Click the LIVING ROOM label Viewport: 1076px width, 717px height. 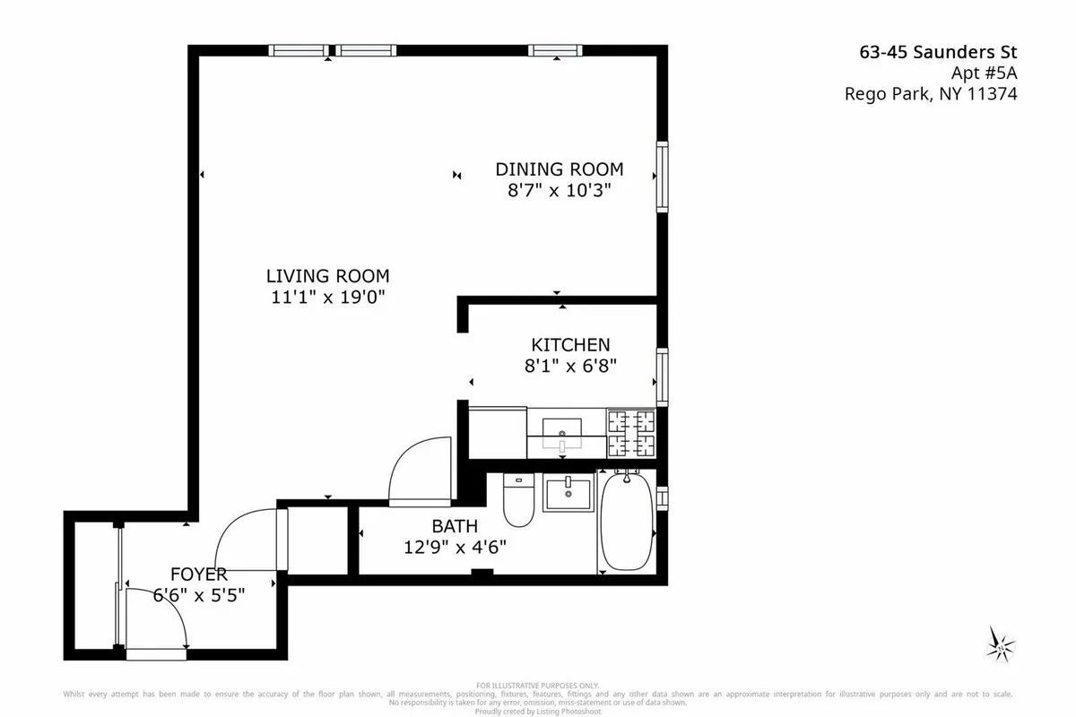coord(327,276)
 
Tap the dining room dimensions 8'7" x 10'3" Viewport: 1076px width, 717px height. coord(560,190)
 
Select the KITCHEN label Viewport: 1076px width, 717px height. coord(570,344)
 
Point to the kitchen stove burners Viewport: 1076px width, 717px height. coord(631,433)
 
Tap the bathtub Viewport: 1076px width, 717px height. coord(625,522)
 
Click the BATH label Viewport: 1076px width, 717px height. coord(455,526)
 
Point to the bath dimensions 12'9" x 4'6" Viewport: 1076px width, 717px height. coord(455,547)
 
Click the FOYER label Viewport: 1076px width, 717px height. coord(199,574)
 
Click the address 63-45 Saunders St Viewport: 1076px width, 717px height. coord(938,52)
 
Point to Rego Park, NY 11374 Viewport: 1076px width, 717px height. coord(931,93)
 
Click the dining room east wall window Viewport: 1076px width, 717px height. coord(662,176)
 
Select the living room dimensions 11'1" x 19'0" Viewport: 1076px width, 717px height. coord(327,297)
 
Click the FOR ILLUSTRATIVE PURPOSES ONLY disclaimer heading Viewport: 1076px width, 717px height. coord(538,685)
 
